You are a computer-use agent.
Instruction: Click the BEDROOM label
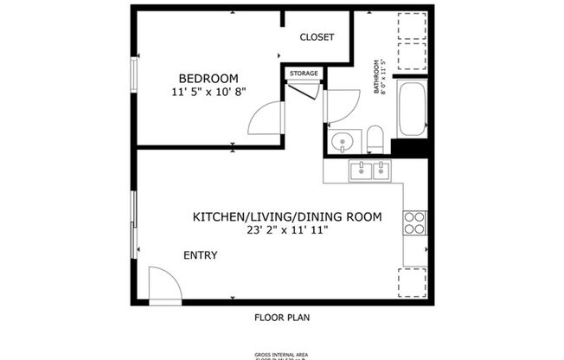[x=208, y=77]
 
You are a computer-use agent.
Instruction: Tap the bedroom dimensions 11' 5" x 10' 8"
[x=209, y=91]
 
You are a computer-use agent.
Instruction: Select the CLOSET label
[x=317, y=37]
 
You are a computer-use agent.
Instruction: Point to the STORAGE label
[x=304, y=74]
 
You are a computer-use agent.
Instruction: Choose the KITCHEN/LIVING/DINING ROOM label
[x=286, y=216]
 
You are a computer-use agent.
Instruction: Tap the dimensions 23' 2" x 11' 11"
[x=287, y=231]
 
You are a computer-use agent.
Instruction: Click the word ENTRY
[x=200, y=255]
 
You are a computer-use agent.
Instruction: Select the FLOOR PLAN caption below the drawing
[x=282, y=317]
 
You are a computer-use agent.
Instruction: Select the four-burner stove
[x=415, y=224]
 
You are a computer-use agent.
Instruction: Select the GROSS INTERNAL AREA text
[x=281, y=353]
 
